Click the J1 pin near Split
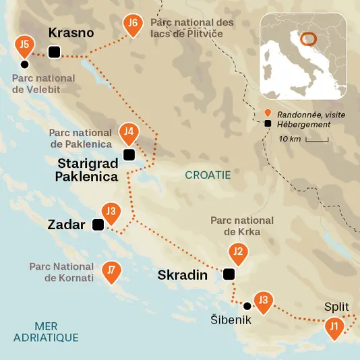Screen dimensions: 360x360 [334, 328]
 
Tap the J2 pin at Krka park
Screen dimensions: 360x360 [237, 253]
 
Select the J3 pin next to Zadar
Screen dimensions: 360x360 [112, 213]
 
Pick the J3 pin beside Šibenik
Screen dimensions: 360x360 [263, 300]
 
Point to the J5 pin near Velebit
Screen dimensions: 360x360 [24, 47]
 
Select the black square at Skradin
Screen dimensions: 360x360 [229, 274]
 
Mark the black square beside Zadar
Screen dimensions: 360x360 [98, 225]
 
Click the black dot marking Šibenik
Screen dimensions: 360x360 [247, 306]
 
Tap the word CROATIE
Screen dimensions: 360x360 [208, 175]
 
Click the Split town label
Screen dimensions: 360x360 [336, 307]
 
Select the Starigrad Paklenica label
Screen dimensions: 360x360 [88, 170]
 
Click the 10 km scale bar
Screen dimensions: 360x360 [316, 140]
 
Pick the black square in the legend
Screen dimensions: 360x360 [268, 124]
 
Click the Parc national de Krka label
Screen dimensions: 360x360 [242, 226]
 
